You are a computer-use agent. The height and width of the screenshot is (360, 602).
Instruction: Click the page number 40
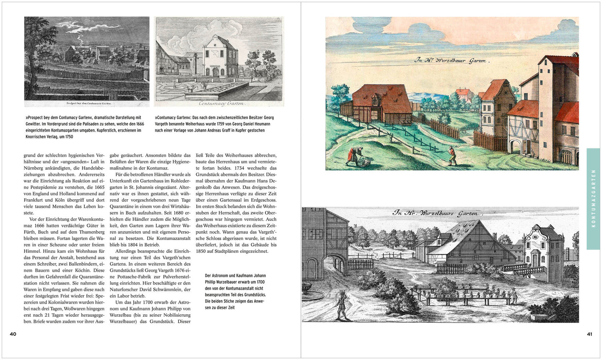point(13,334)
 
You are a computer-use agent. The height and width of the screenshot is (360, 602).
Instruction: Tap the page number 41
point(589,334)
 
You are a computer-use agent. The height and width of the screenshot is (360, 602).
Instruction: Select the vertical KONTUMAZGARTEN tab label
point(593,199)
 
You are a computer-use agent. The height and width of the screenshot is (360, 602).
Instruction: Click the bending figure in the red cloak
point(353,155)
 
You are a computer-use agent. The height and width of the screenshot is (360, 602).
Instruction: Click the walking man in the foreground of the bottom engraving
point(342,305)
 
